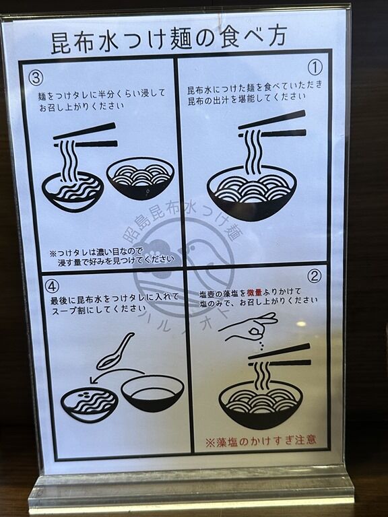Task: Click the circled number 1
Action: pos(315,68)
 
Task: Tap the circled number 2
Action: pos(314,276)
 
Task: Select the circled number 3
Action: pos(36,78)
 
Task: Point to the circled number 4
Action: pos(52,287)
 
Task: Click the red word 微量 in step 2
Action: pos(255,292)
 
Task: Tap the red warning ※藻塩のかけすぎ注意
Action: pos(261,441)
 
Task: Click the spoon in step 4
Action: pos(115,352)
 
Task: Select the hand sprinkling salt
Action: pos(251,326)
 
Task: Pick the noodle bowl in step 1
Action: pos(252,193)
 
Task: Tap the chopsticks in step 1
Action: pos(272,125)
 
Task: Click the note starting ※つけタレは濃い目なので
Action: pos(112,257)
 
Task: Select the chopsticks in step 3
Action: pos(86,135)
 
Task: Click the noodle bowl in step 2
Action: pos(261,405)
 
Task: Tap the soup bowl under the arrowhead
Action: pos(89,405)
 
